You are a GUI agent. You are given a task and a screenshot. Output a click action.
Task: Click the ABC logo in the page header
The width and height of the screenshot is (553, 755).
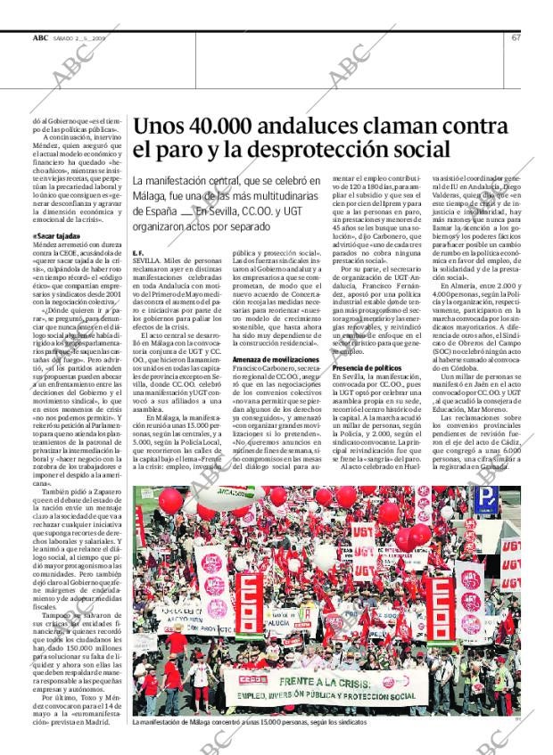(40, 37)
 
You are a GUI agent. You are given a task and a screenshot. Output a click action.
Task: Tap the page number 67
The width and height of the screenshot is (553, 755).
(516, 37)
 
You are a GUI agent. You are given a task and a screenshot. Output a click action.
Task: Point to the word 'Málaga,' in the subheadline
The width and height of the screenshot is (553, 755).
(156, 196)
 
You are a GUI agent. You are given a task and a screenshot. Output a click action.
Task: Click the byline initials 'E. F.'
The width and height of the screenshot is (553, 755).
(138, 254)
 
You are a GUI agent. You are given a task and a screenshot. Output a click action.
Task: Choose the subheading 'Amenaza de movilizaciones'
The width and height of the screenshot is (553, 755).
(269, 357)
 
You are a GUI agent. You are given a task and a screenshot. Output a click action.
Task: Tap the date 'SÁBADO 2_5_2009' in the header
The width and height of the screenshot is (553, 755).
(81, 37)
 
